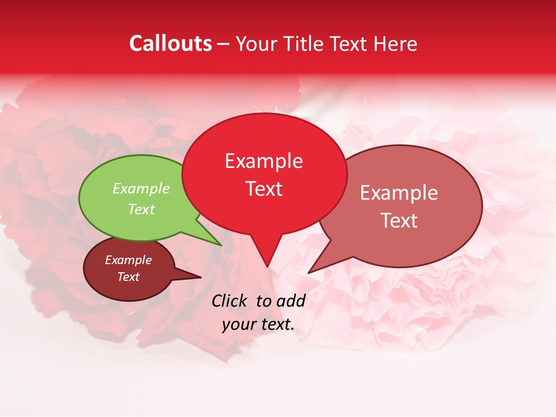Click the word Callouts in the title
click(170, 43)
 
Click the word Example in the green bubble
click(141, 188)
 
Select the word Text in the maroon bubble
click(129, 277)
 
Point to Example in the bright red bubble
click(264, 161)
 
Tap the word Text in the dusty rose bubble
click(399, 221)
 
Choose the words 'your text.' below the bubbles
click(258, 324)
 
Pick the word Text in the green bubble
click(141, 209)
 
